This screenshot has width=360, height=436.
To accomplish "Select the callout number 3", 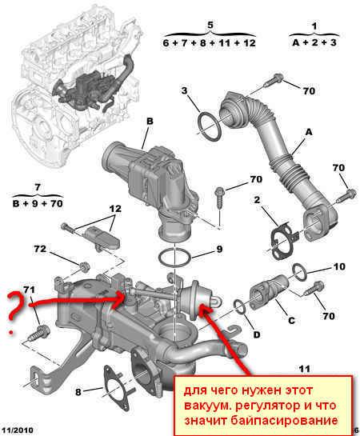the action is pos(184,90).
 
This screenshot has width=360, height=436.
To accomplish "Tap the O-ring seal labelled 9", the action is pos(174,258).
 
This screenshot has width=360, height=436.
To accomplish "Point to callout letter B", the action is pos(150,122).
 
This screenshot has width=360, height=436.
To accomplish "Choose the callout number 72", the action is pos(40,249).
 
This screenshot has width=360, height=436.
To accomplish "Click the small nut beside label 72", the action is pos(84,266).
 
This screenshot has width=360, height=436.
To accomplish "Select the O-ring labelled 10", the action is pos(300,272).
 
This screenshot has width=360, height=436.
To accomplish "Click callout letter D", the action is pos(256,334).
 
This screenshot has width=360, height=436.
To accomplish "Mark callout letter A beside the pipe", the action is pos(309,132).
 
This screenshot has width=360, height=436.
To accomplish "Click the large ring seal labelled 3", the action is pos(210,126).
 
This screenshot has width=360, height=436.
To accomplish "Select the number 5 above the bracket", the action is pos(210,25).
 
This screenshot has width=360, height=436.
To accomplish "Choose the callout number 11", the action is pos(304,369).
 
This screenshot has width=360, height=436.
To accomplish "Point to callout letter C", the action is pos(291,320).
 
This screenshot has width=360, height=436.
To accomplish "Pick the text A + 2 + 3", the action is pos(314,42).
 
